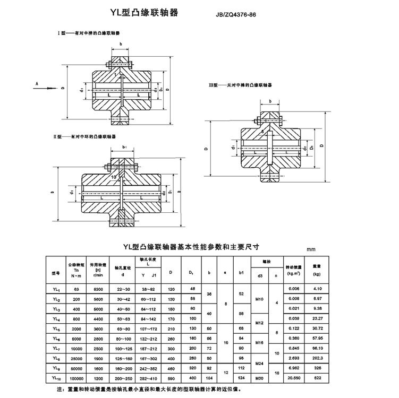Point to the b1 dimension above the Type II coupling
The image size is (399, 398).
pos(124,146)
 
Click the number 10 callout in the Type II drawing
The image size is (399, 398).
pos(114,176)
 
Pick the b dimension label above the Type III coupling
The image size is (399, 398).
pos(270,101)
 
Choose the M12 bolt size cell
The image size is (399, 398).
pos(260,323)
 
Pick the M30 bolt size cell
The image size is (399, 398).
pos(260,377)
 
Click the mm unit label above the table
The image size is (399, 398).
pos(310,248)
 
